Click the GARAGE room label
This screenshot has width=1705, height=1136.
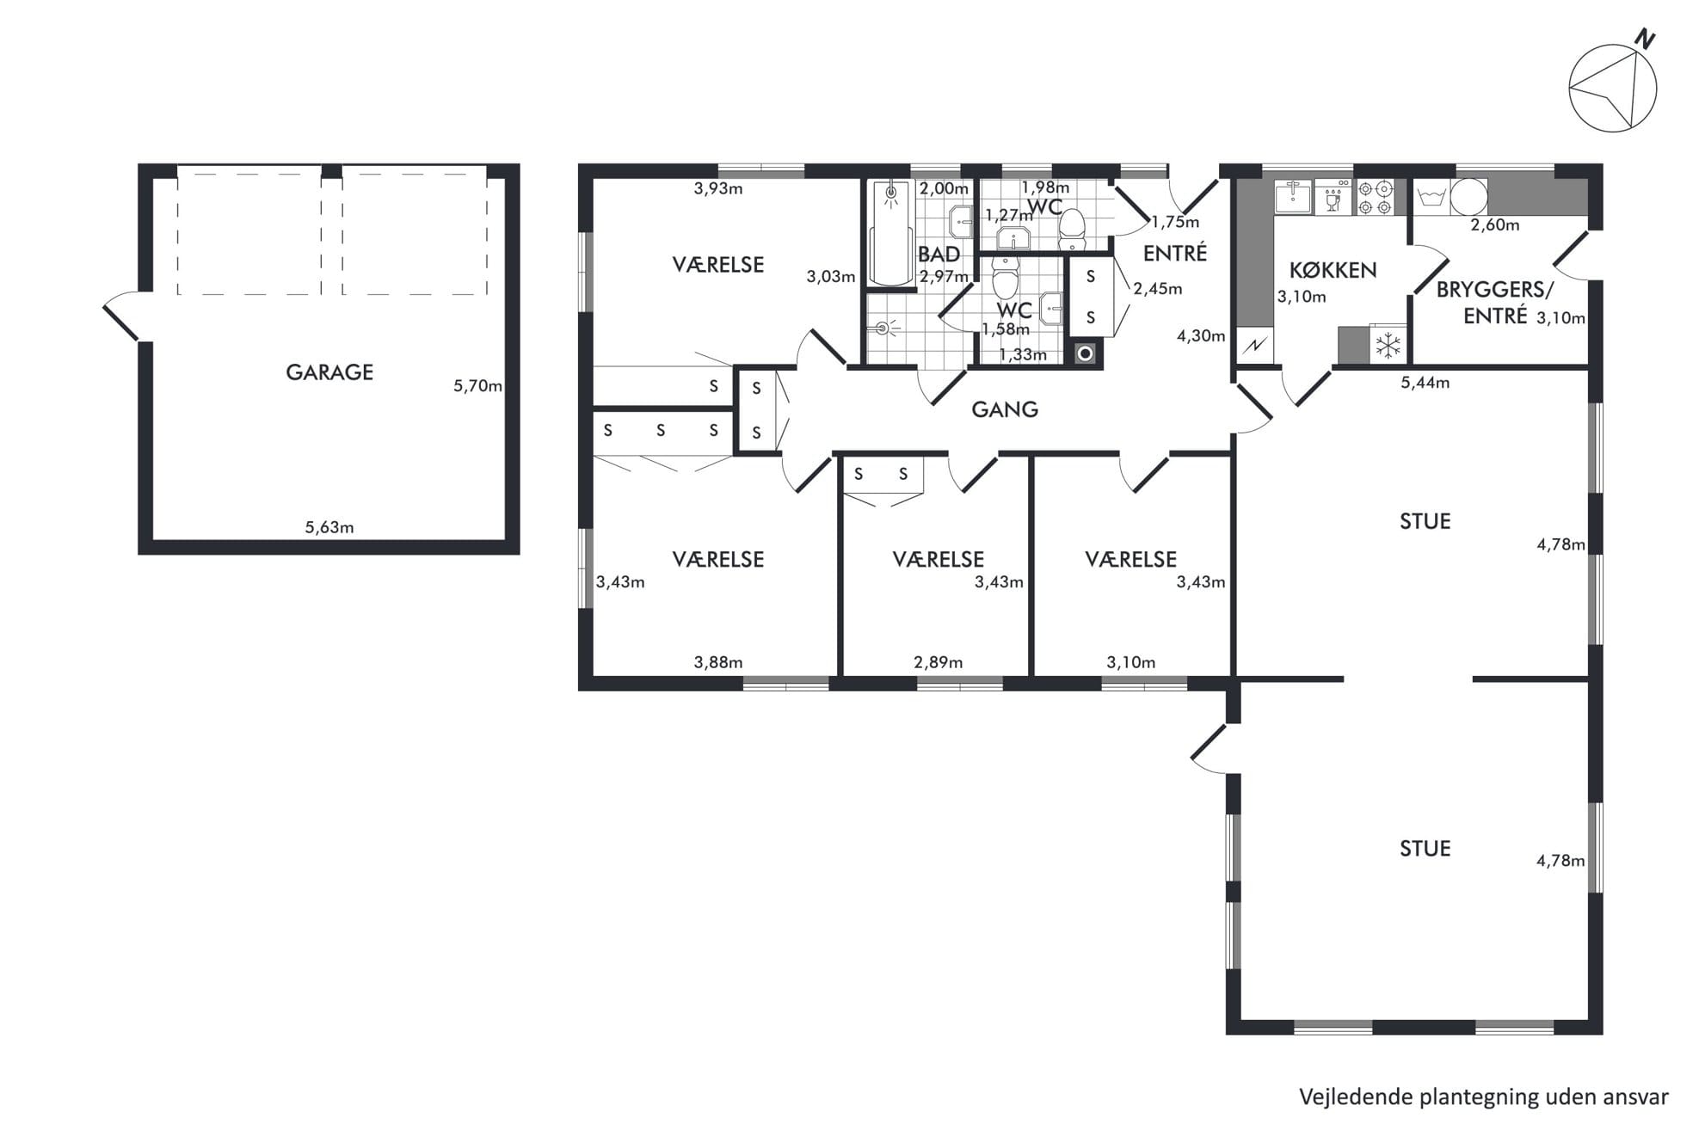pyautogui.click(x=329, y=372)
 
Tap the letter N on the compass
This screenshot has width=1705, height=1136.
pyautogui.click(x=1645, y=39)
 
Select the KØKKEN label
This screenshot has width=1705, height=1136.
pyautogui.click(x=1333, y=271)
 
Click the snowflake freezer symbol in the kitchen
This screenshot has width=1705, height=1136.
pyautogui.click(x=1388, y=345)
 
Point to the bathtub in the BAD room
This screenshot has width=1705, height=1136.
pyautogui.click(x=891, y=233)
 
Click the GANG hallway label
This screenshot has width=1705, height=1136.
pyautogui.click(x=1005, y=409)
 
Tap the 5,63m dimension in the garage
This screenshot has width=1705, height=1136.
pyautogui.click(x=329, y=528)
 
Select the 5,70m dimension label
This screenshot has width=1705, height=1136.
pyautogui.click(x=477, y=386)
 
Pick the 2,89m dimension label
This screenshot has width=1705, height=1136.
pyautogui.click(x=939, y=662)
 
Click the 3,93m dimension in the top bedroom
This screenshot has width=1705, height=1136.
pyautogui.click(x=718, y=188)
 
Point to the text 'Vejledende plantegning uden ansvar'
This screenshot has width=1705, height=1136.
pyautogui.click(x=1483, y=1096)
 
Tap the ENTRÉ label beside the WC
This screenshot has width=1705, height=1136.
pyautogui.click(x=1175, y=254)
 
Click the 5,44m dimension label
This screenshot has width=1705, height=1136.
pyautogui.click(x=1425, y=383)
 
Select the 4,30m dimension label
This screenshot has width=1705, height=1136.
pyautogui.click(x=1201, y=336)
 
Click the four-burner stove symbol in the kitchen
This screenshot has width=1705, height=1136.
pyautogui.click(x=1375, y=197)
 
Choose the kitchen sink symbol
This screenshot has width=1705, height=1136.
pyautogui.click(x=1293, y=197)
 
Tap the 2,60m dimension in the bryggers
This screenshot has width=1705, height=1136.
pyautogui.click(x=1495, y=225)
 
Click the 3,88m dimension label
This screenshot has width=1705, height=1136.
pyautogui.click(x=718, y=662)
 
